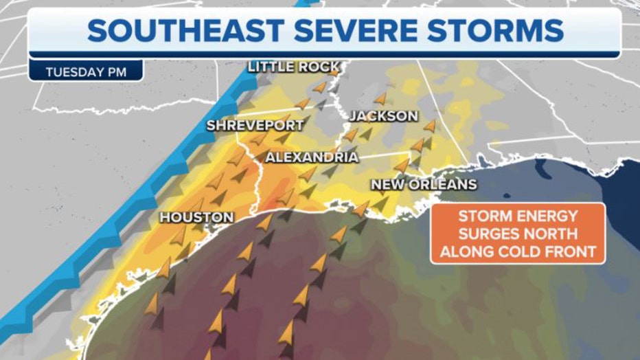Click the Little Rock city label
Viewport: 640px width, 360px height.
click(293, 67)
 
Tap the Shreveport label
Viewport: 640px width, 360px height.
click(255, 126)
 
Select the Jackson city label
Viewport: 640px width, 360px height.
click(383, 116)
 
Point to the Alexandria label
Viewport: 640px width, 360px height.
click(312, 157)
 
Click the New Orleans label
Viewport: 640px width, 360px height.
click(424, 185)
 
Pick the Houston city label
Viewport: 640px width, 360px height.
click(196, 217)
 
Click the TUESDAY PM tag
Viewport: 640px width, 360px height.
click(86, 71)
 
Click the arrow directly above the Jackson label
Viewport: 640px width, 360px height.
click(380, 98)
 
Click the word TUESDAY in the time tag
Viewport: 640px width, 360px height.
click(74, 71)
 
